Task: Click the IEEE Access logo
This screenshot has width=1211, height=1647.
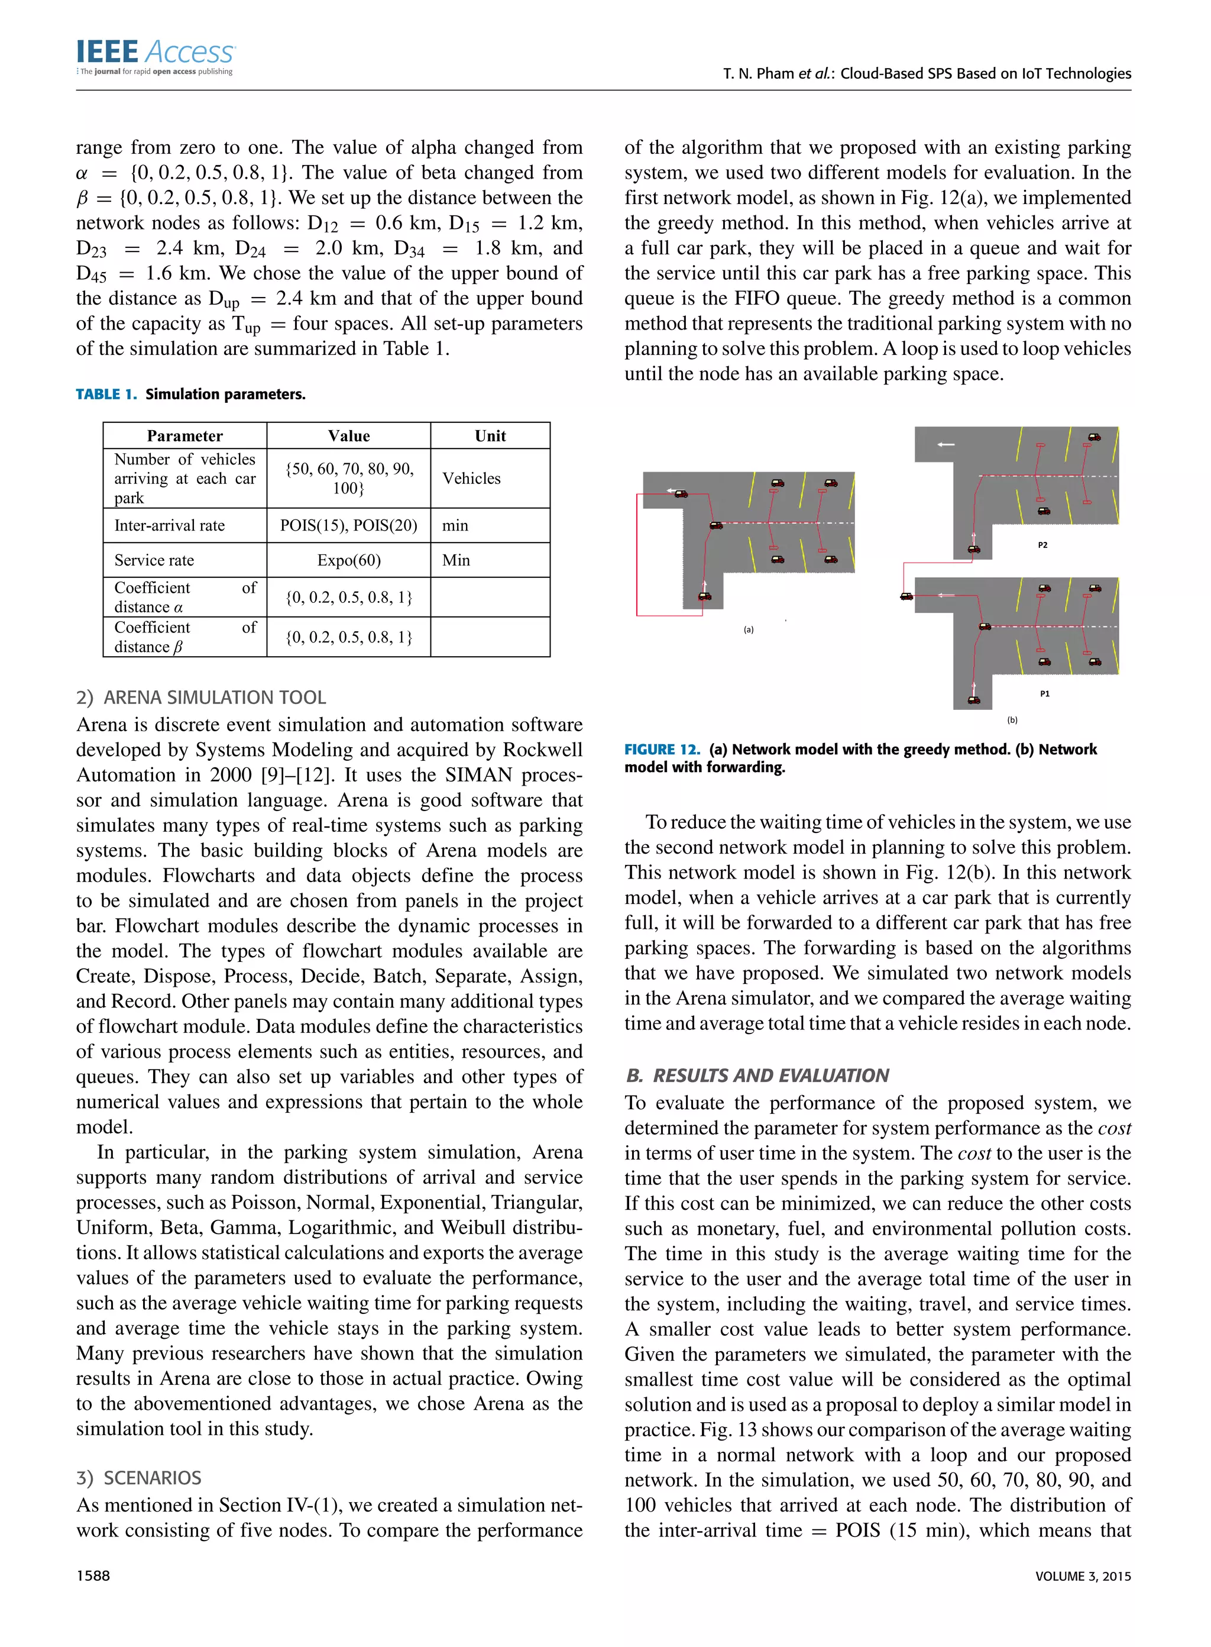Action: point(155,56)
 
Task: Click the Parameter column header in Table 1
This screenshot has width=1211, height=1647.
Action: point(184,435)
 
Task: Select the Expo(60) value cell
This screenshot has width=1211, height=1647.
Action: point(348,560)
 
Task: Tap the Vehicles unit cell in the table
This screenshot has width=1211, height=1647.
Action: point(471,478)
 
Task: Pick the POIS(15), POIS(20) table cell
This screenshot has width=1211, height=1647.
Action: point(348,525)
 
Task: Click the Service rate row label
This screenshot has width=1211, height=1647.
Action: point(154,560)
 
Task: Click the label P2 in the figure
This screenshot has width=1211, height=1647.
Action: point(1042,545)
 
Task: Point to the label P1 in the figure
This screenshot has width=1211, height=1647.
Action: point(1045,694)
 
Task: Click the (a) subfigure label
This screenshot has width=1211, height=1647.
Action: point(749,629)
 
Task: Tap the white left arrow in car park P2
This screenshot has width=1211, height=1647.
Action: point(946,444)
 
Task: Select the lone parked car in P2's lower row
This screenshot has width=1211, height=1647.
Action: point(1043,511)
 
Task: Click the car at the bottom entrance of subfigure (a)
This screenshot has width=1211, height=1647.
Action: point(704,596)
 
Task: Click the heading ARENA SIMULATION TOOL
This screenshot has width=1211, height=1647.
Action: point(214,697)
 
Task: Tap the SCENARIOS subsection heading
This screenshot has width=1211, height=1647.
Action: point(152,1478)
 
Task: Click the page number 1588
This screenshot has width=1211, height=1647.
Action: point(93,1576)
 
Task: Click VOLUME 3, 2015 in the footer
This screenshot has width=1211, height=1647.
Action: point(1083,1576)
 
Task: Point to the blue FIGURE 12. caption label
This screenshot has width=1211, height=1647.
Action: point(662,750)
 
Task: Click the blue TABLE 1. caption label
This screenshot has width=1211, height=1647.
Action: point(106,395)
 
